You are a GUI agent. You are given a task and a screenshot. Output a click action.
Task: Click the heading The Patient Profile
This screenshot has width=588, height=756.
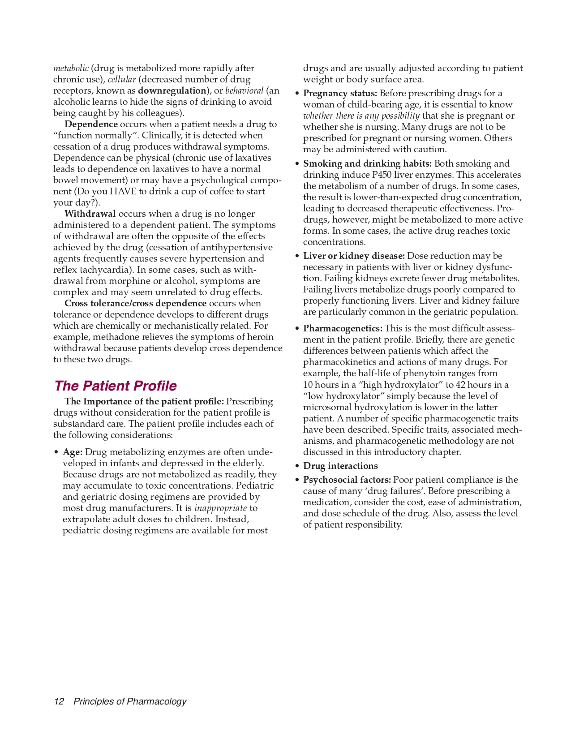pos(115,386)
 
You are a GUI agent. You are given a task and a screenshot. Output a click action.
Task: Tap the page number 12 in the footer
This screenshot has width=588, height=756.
pos(59,701)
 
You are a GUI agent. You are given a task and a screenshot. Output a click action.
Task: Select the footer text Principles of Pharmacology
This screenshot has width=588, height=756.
pos(130,701)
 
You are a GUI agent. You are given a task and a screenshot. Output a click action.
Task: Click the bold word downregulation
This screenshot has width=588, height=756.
pos(172,90)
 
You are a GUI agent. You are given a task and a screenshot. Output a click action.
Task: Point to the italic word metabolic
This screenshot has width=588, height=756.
pos(71,68)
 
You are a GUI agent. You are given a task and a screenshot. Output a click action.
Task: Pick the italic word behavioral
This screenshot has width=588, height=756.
pos(244,90)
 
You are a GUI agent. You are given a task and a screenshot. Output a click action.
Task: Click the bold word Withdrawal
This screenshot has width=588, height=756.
pos(90,214)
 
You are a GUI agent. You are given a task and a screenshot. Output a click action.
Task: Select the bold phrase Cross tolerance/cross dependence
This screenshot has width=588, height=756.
pos(136,303)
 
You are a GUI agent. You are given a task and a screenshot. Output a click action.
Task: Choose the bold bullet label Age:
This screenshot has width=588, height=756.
pos(73,452)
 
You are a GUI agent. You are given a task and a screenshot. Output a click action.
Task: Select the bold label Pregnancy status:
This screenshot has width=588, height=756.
pos(340,93)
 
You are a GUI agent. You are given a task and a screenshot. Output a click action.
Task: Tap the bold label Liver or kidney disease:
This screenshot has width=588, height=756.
pos(354,256)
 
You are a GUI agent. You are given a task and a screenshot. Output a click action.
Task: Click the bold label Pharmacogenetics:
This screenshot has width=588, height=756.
pos(343,328)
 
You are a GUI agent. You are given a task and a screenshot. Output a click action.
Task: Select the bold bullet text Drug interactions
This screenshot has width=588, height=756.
pos(340,466)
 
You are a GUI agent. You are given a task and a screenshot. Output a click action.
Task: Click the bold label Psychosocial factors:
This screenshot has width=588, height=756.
pos(347,480)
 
